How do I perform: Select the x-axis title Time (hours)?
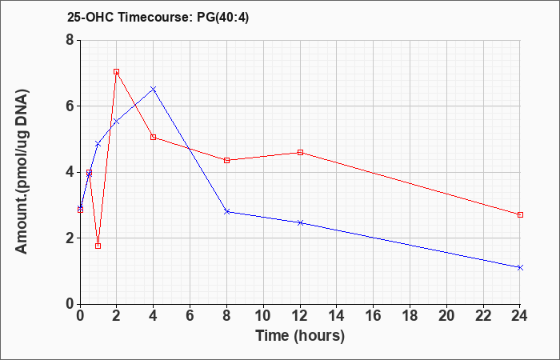[x=300, y=336]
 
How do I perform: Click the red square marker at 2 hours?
[x=117, y=71]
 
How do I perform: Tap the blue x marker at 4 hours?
[x=154, y=89]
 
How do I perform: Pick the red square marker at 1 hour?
[x=98, y=246]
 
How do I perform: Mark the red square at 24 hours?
[x=520, y=214]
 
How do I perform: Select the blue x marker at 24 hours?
[x=520, y=267]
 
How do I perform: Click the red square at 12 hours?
[x=300, y=153]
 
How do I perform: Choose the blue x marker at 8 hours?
[x=226, y=212]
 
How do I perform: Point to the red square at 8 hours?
[x=226, y=160]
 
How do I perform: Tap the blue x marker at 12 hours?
[x=300, y=223]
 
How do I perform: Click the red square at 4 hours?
[x=154, y=137]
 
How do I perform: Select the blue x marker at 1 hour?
[x=98, y=144]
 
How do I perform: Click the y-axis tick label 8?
[x=70, y=40]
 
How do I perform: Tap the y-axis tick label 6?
[x=70, y=106]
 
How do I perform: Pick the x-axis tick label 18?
[x=410, y=316]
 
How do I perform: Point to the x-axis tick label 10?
[x=263, y=316]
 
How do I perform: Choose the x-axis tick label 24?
[x=520, y=316]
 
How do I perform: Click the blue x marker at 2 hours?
[x=117, y=122]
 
